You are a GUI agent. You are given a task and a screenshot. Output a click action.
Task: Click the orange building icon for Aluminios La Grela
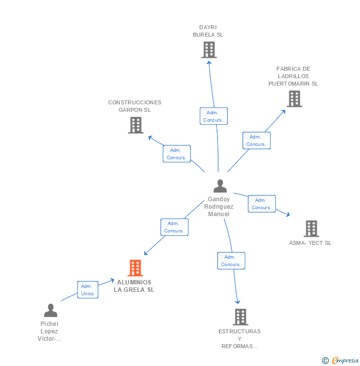point(135,268)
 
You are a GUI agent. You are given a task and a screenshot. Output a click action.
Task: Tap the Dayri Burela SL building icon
point(209,49)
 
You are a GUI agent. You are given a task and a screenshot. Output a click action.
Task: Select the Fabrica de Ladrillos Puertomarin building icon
point(294,99)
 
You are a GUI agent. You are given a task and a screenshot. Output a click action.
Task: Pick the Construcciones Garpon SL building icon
point(135,125)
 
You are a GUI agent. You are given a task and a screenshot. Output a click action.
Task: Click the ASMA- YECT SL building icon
point(311,229)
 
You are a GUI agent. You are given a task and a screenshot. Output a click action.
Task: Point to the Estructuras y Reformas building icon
point(240,317)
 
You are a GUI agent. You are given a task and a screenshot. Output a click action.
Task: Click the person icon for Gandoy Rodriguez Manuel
point(220,186)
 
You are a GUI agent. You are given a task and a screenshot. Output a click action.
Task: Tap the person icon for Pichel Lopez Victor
point(50,311)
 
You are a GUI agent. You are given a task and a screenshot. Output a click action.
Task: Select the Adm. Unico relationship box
point(88,290)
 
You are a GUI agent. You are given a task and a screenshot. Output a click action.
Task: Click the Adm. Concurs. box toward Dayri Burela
point(214,116)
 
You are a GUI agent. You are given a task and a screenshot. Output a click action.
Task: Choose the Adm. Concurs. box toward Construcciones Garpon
point(177,154)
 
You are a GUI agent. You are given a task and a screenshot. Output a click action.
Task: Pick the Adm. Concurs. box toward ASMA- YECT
point(262,204)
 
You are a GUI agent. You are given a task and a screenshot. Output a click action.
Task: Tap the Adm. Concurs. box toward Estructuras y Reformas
point(231,261)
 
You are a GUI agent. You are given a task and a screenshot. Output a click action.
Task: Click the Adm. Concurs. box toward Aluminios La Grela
point(174,227)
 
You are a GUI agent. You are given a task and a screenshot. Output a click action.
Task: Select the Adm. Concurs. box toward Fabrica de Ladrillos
point(256,140)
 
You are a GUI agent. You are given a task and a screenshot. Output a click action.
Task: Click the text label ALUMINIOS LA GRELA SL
point(134,286)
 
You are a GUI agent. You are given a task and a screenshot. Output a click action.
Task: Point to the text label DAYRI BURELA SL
point(208,31)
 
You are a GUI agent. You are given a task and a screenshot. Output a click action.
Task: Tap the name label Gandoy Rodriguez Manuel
point(219,207)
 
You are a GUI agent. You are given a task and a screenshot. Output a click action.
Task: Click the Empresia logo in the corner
point(341,361)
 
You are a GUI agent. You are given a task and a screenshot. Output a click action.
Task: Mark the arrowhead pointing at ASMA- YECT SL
point(288,215)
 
